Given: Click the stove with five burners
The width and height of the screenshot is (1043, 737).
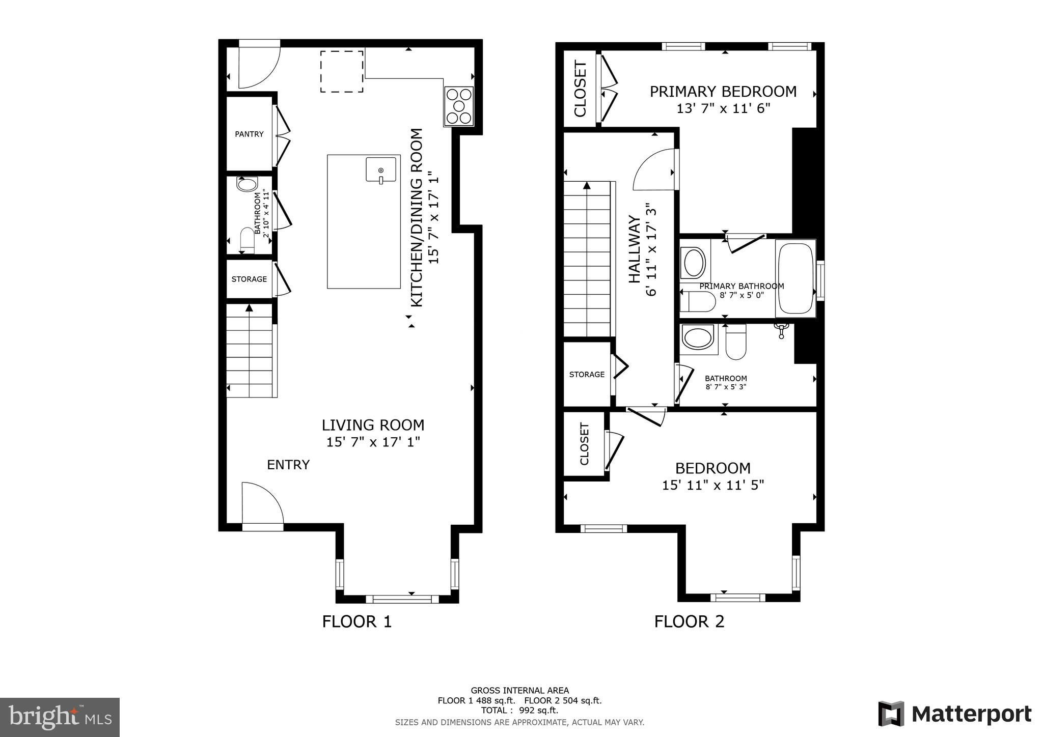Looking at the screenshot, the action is click(459, 106).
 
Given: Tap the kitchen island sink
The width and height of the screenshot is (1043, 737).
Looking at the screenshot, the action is click(380, 169).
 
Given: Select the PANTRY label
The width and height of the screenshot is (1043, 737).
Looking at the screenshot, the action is click(249, 134).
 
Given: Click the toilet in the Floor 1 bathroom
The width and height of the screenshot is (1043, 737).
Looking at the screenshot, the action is click(247, 240).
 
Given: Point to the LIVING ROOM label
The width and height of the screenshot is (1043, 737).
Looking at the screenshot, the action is click(373, 425).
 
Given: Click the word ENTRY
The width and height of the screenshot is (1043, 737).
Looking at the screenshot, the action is click(288, 465).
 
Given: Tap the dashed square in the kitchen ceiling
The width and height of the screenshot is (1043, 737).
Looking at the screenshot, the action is click(342, 71).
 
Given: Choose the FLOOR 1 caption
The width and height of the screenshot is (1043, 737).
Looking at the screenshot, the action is click(357, 621).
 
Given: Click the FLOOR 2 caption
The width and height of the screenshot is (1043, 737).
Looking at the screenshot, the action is click(689, 621).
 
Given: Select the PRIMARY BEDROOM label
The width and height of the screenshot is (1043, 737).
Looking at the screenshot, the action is click(723, 92).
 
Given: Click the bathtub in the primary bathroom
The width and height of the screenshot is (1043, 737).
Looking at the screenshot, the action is click(795, 278).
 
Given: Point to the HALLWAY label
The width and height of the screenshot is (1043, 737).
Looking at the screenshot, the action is click(634, 249).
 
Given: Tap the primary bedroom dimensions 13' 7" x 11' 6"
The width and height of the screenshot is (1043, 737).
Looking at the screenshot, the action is click(723, 108).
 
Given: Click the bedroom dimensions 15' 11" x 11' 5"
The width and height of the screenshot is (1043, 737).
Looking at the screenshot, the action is click(713, 485).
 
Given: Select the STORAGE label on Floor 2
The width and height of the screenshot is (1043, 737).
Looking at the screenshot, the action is click(587, 375).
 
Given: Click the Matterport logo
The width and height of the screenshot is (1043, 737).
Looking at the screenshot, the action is click(955, 714).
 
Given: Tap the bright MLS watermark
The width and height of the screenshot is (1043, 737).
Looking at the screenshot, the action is click(60, 718).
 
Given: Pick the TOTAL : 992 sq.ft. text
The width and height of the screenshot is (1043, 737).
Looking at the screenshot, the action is click(519, 711).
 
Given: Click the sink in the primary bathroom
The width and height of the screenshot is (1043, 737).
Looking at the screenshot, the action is click(694, 263).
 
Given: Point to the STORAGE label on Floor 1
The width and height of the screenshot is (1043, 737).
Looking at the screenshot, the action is click(249, 279).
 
